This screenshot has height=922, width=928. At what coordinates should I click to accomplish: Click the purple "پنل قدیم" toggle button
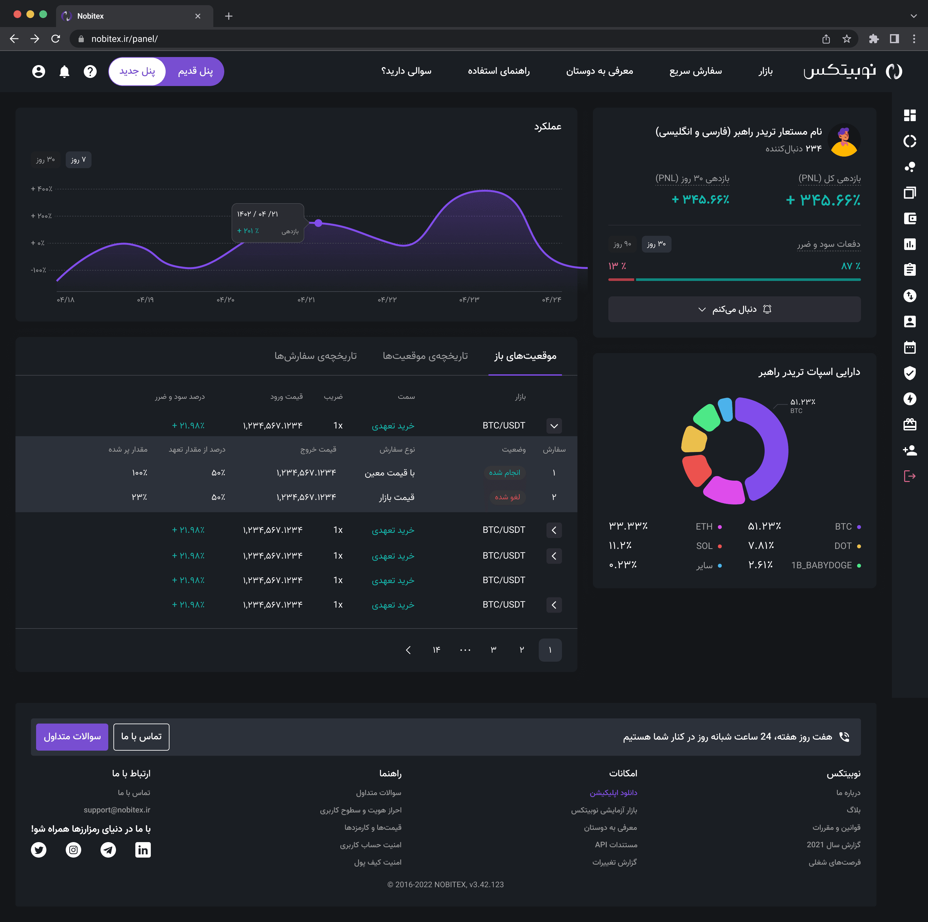195,72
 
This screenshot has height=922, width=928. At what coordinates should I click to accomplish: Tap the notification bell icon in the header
64,72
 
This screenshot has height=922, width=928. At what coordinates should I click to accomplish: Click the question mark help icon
90,72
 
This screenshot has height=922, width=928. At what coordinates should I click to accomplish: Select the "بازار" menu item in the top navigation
765,72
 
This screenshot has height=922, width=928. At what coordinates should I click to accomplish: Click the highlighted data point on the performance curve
318,223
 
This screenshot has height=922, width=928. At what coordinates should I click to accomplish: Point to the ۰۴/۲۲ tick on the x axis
387,300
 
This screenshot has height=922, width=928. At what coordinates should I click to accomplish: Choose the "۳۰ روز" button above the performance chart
45,160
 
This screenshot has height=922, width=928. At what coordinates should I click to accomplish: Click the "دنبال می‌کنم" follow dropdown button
734,309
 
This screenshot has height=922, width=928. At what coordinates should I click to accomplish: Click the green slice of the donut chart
707,417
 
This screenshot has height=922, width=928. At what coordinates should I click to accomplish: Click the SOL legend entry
709,546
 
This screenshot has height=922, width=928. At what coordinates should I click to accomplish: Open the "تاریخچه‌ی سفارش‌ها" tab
315,356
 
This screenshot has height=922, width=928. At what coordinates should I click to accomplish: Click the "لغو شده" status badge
507,497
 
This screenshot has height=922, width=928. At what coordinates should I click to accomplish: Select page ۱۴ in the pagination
436,650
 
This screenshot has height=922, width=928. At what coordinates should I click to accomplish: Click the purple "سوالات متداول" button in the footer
72,737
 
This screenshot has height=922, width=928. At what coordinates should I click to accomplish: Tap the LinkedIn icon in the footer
143,850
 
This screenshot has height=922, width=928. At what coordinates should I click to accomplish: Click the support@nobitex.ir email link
117,810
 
